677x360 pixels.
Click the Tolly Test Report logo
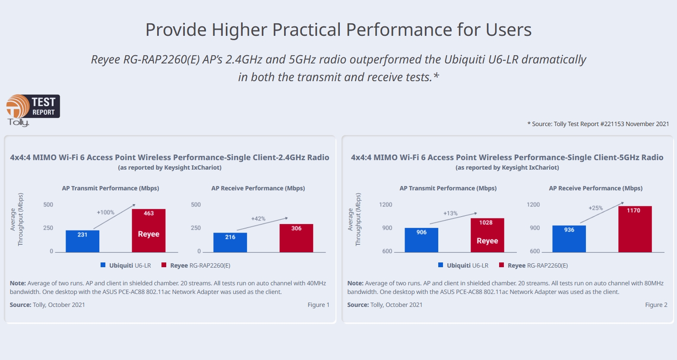(x=33, y=110)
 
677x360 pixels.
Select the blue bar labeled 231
(x=82, y=241)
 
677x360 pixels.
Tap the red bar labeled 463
(x=149, y=231)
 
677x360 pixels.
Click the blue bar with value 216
(x=230, y=243)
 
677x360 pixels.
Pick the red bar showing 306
(x=296, y=238)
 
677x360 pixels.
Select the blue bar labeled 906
(x=421, y=240)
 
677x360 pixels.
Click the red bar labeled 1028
(x=487, y=235)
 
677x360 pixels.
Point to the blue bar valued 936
(x=569, y=239)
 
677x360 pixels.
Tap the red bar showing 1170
(x=635, y=229)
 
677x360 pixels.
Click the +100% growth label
(x=105, y=212)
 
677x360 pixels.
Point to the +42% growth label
(x=258, y=218)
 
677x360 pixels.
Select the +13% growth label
(x=450, y=213)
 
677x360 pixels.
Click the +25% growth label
(x=595, y=208)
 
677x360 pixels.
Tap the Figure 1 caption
(x=318, y=305)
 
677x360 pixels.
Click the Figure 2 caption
(x=656, y=305)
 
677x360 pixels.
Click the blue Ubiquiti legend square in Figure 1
(x=103, y=265)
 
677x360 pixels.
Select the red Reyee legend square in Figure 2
(x=502, y=265)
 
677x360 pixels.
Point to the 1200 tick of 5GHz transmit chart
(x=386, y=205)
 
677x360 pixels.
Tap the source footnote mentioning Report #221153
(x=598, y=124)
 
